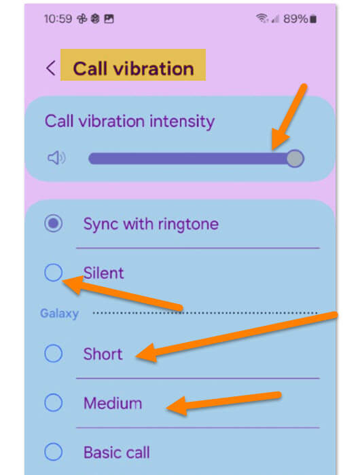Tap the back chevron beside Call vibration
51,68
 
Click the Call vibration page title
133,69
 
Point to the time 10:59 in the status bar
58,19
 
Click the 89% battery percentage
295,19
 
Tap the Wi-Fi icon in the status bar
262,18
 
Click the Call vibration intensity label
130,121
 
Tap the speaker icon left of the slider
56,158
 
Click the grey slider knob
295,158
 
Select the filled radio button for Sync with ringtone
54,223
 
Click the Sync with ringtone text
151,225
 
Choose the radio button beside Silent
54,272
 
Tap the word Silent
104,273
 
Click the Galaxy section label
60,313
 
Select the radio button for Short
54,354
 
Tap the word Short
103,354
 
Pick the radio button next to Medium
54,402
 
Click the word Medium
113,403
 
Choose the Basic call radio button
54,452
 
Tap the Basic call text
117,453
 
